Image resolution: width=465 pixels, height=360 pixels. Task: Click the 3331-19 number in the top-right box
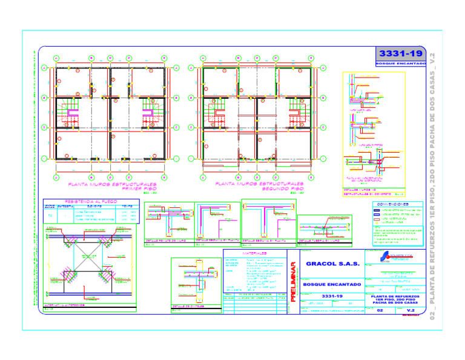400,55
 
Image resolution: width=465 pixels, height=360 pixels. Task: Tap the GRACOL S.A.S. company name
332,264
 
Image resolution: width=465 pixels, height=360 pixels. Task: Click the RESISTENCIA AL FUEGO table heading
91,202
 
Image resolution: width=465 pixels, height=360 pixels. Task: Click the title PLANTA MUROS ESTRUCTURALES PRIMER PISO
112,185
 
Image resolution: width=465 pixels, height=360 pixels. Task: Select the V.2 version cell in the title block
411,310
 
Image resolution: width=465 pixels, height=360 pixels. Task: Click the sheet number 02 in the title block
380,310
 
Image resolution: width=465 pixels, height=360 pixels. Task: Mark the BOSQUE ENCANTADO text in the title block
332,284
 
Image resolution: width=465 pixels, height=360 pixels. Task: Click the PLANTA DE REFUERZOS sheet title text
395,299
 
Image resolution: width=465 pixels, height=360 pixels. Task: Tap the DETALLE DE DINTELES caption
188,307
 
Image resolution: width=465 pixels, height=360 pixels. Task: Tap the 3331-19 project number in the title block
332,296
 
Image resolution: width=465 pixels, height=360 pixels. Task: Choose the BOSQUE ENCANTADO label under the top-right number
400,63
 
